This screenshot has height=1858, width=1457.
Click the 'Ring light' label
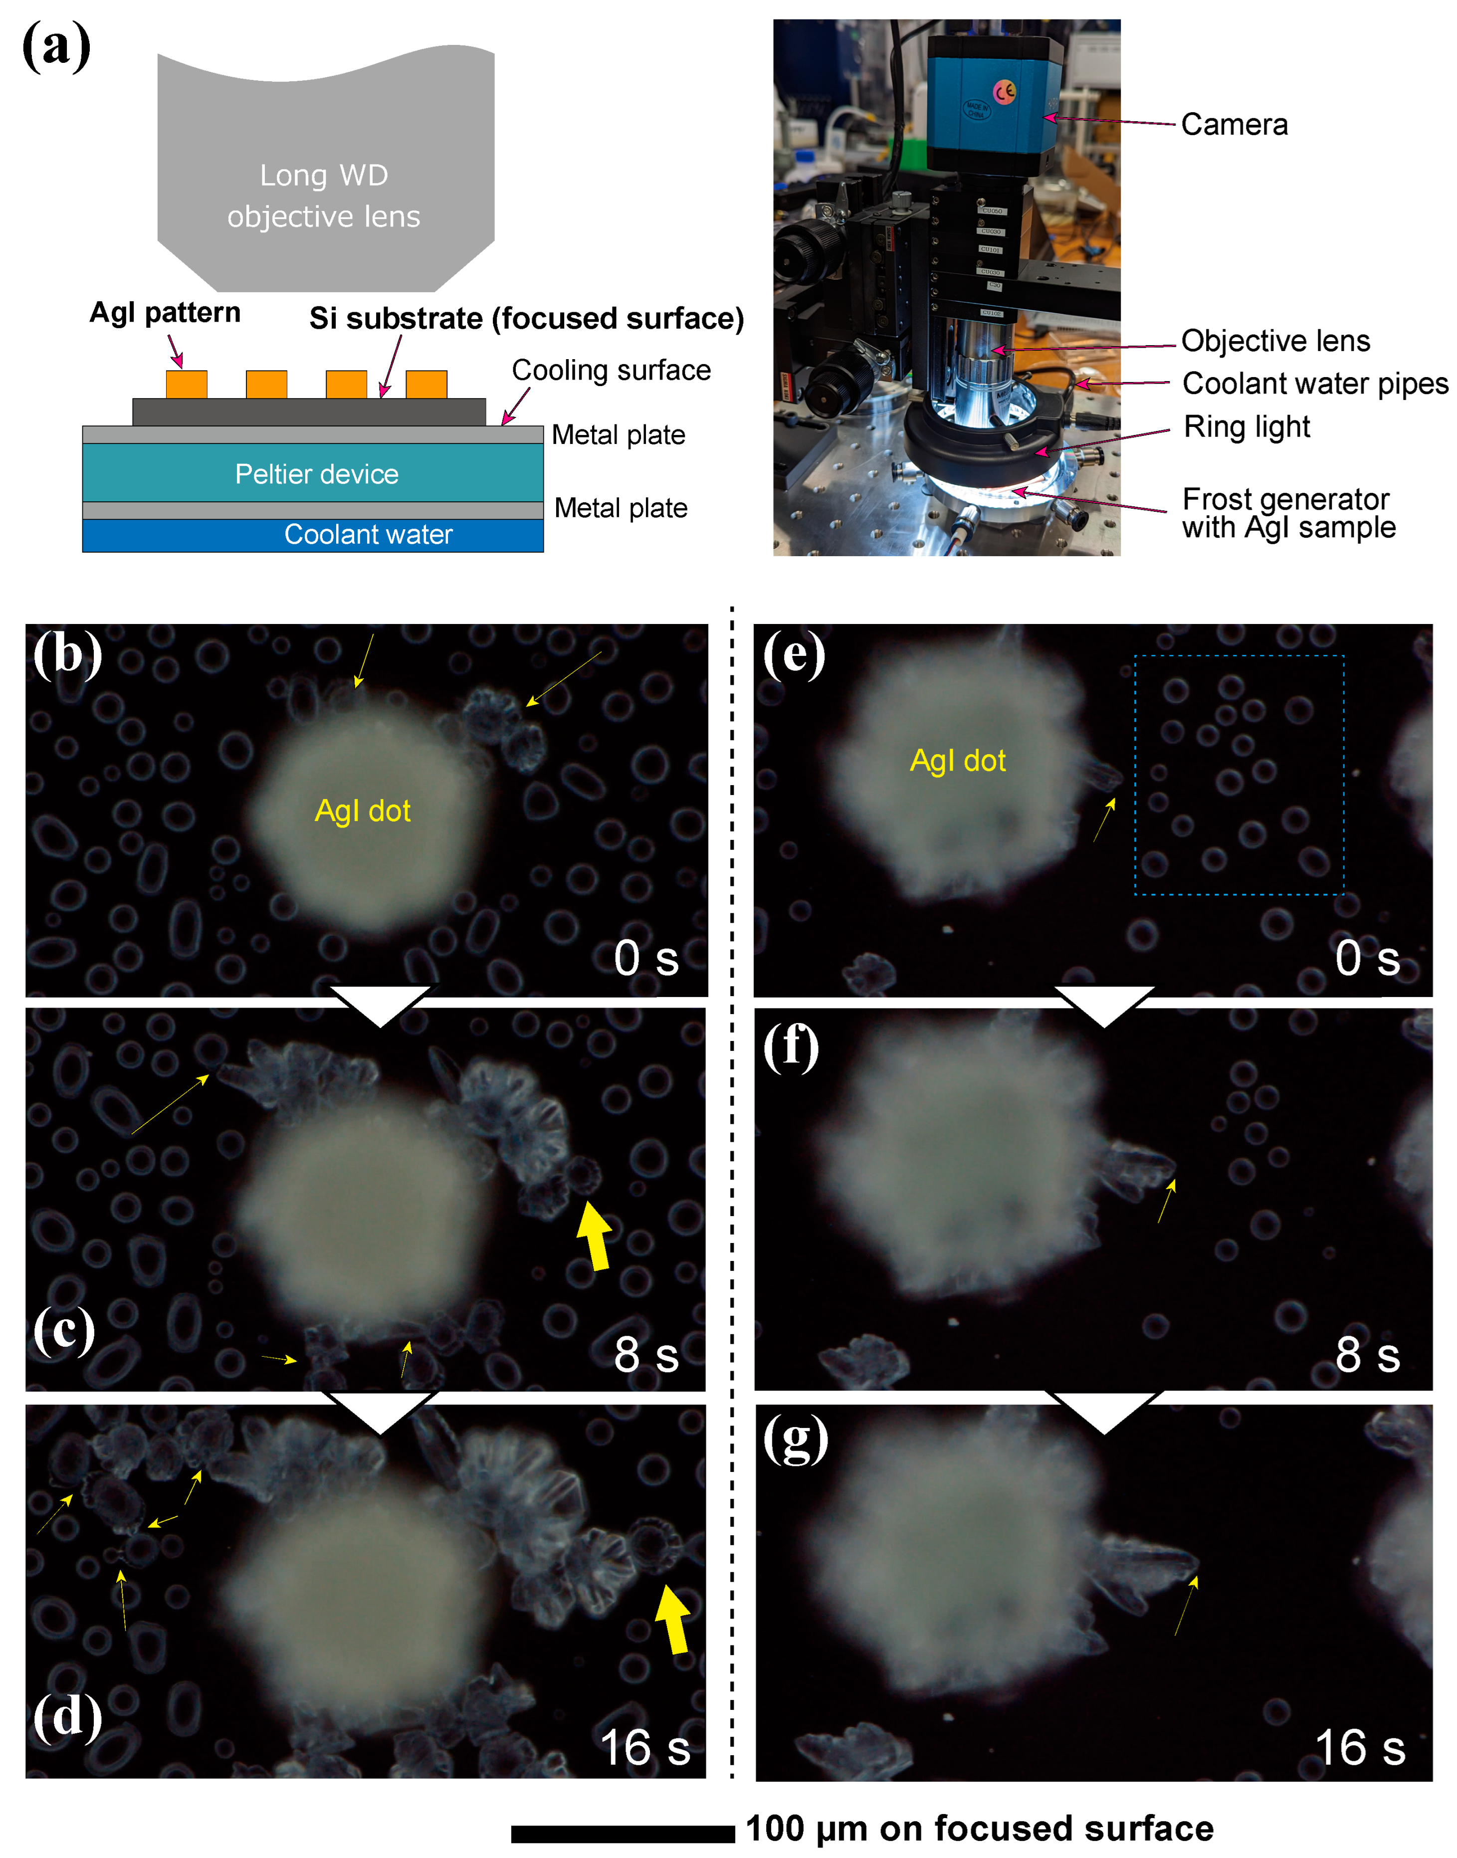(1247, 426)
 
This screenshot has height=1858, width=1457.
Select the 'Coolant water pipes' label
(1314, 384)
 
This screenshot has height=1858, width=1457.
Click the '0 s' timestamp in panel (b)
(646, 958)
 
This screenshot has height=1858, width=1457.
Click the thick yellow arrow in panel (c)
(595, 1235)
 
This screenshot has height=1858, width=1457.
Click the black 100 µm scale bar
(623, 1833)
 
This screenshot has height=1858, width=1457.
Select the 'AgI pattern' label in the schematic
(165, 313)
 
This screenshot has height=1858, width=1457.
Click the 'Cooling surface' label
(611, 370)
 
